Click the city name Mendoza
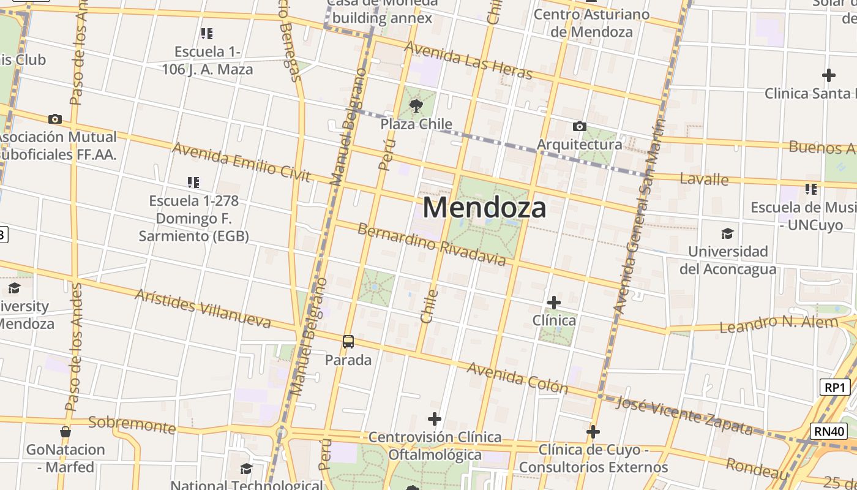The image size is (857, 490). pyautogui.click(x=484, y=208)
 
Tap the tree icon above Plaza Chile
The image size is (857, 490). pyautogui.click(x=416, y=105)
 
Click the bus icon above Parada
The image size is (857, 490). pyautogui.click(x=348, y=342)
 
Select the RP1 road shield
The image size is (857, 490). pyautogui.click(x=835, y=387)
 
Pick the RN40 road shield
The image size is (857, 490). pyautogui.click(x=830, y=431)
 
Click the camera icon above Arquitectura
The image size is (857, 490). pyautogui.click(x=579, y=127)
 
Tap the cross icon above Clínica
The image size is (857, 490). pyautogui.click(x=553, y=303)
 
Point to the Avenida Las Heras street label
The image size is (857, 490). pyautogui.click(x=468, y=60)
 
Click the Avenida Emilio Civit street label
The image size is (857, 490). pyautogui.click(x=241, y=162)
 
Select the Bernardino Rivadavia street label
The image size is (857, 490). pyautogui.click(x=432, y=245)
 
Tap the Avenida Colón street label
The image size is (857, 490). pyautogui.click(x=517, y=377)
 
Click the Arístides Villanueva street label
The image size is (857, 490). pyautogui.click(x=203, y=309)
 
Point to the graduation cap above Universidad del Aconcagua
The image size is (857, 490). pyautogui.click(x=727, y=233)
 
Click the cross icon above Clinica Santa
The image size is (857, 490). pyautogui.click(x=828, y=75)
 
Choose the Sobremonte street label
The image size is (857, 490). pyautogui.click(x=132, y=423)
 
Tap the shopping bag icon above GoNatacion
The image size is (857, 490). pyautogui.click(x=65, y=432)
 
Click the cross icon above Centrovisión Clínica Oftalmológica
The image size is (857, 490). pyautogui.click(x=435, y=420)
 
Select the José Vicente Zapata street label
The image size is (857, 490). pyautogui.click(x=684, y=415)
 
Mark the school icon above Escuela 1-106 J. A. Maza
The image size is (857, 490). pyautogui.click(x=206, y=33)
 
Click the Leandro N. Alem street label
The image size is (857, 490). pyautogui.click(x=779, y=323)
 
